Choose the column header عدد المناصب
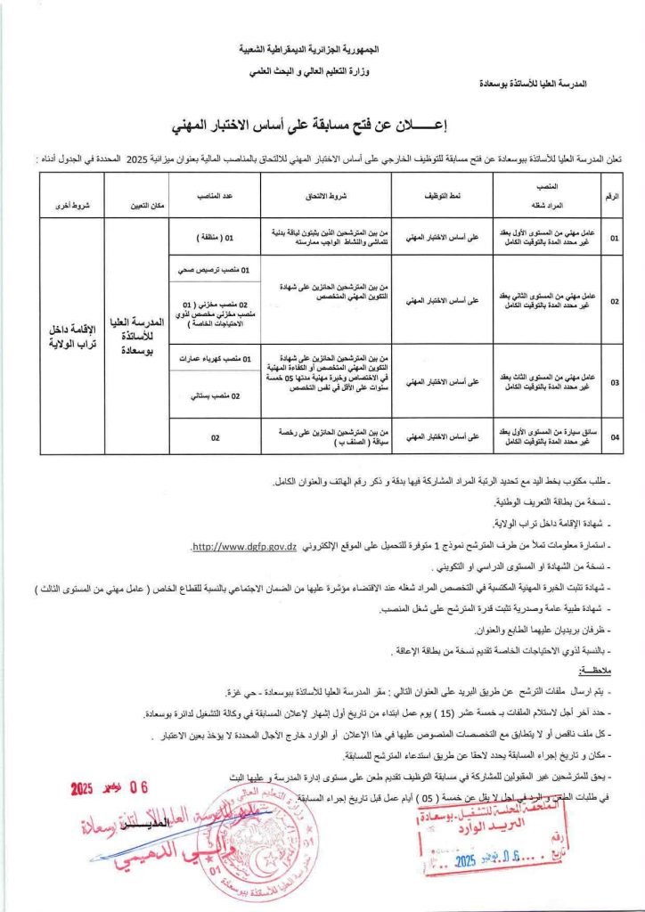click(214, 193)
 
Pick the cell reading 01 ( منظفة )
click(214, 238)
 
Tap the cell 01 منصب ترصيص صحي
click(214, 269)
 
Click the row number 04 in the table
click(614, 436)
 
